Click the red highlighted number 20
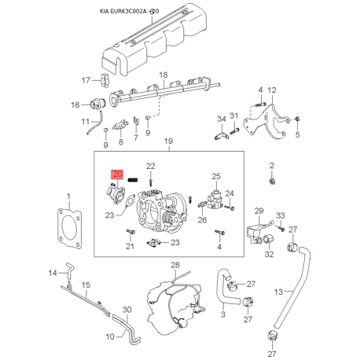[x=117, y=174]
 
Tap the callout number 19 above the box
[x=168, y=141]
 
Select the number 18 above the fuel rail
[x=163, y=75]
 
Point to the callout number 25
[x=216, y=176]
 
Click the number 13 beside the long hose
[x=278, y=292]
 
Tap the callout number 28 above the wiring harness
[x=175, y=265]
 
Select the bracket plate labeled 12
[x=266, y=121]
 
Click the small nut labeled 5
[x=297, y=119]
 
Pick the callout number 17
[x=86, y=80]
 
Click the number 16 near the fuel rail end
[x=75, y=105]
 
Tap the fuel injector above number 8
[x=120, y=126]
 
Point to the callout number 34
[x=222, y=119]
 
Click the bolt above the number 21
[x=130, y=232]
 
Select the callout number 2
[x=272, y=166]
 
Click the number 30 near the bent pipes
[x=127, y=310]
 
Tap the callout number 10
[x=110, y=336]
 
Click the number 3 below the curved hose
[x=223, y=314]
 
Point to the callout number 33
[x=281, y=215]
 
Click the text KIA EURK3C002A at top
[x=123, y=11]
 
